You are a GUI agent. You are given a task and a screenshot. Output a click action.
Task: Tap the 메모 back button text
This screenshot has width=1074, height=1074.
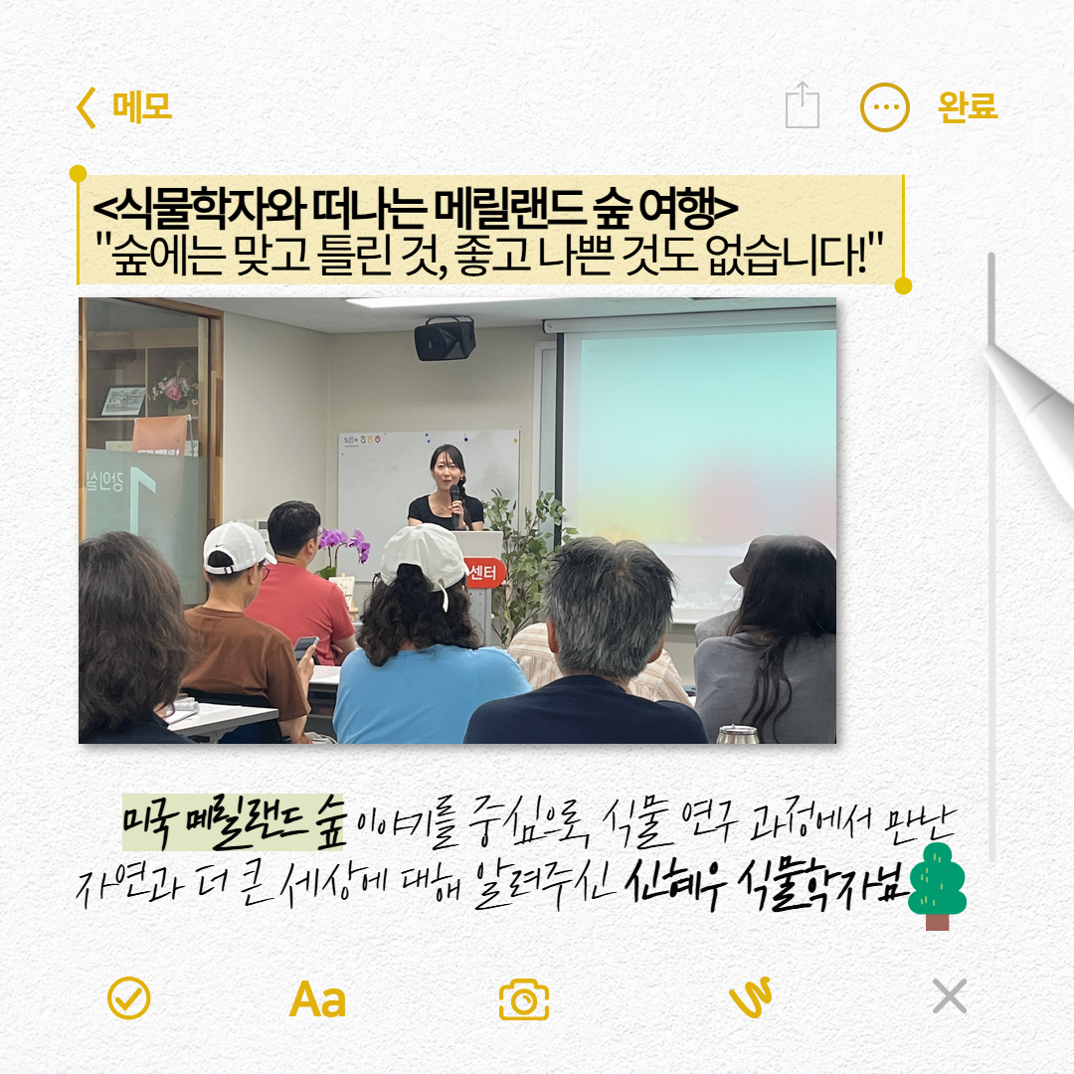(141, 106)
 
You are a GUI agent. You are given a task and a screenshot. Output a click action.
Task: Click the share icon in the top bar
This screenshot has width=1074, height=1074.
(803, 105)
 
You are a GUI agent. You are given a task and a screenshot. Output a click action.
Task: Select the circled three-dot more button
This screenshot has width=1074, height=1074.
(884, 106)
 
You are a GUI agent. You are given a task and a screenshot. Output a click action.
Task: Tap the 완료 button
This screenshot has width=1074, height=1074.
(967, 106)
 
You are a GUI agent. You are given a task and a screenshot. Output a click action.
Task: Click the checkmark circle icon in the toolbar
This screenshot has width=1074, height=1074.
(129, 997)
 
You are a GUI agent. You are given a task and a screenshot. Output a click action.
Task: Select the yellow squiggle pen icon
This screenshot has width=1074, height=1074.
(751, 997)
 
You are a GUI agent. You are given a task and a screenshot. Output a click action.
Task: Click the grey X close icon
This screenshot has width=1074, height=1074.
(950, 995)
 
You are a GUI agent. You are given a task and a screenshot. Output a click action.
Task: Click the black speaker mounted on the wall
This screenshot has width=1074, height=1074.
(445, 339)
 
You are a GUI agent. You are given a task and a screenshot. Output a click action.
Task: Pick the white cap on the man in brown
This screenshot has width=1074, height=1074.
(238, 546)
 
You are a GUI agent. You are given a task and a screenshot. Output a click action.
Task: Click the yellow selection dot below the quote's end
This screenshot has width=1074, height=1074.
(903, 286)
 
